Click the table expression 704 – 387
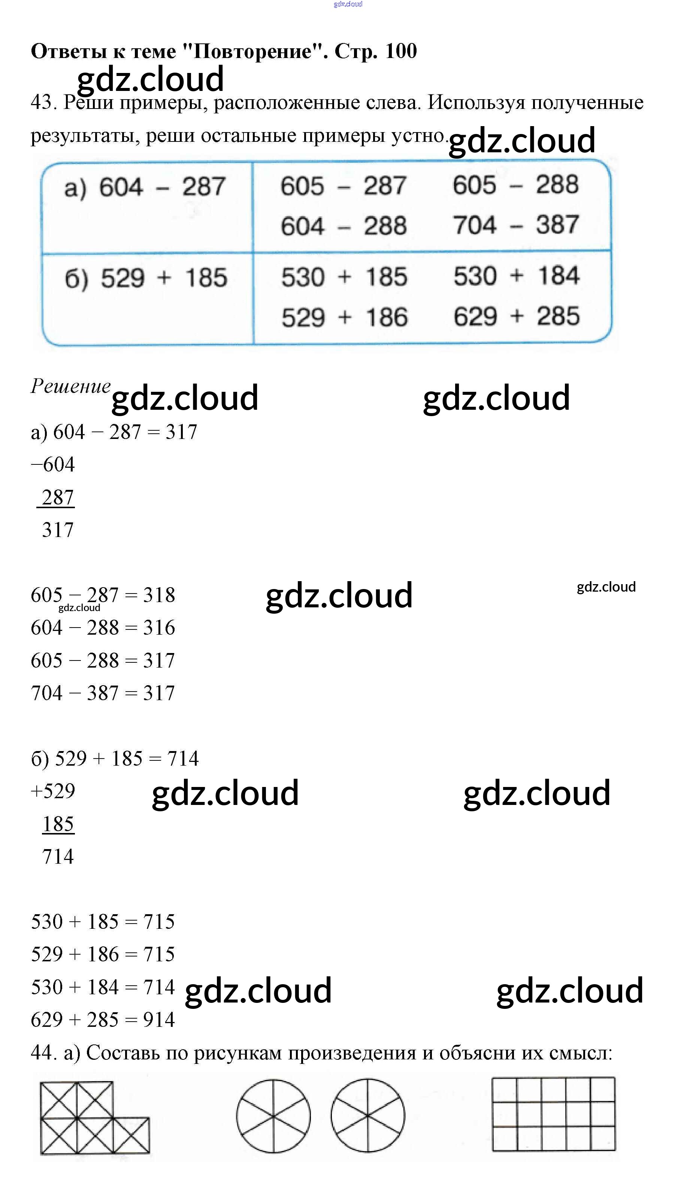tap(515, 225)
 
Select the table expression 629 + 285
tap(516, 316)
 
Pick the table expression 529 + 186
tap(345, 317)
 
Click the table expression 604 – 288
tap(344, 226)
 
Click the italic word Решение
tap(70, 386)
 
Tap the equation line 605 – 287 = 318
tap(103, 595)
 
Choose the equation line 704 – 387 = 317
tap(103, 693)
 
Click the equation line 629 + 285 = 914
tap(103, 1020)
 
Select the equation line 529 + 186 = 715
tap(103, 954)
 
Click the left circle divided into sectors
tap(273, 1116)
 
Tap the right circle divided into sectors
tap(367, 1116)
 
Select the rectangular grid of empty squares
tap(553, 1114)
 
